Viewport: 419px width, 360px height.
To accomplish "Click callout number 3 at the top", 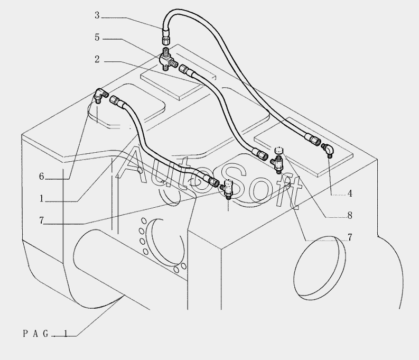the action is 97,16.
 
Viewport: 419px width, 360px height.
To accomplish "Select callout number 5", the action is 97,38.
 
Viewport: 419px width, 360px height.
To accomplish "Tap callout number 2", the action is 97,60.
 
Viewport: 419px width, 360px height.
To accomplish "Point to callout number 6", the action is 41,177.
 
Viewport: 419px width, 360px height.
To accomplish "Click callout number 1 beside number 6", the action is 41,199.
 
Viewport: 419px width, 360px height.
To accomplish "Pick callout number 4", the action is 349,193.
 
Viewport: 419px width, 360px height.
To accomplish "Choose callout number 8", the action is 349,216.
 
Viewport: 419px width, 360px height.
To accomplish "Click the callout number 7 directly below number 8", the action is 349,238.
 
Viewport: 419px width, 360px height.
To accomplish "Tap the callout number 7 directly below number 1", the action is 41,221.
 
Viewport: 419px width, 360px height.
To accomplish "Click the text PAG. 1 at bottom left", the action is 45,334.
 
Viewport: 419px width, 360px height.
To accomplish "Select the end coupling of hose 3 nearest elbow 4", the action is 313,140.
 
